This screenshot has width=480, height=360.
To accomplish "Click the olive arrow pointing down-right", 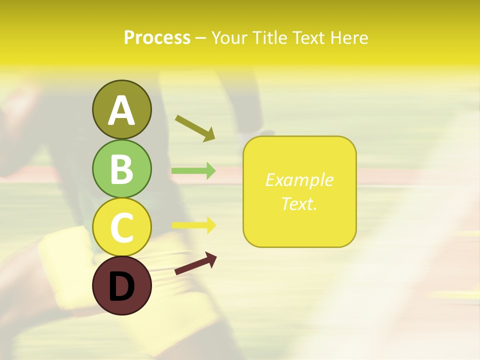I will coord(195,128).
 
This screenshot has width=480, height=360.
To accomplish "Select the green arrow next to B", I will coord(193,171).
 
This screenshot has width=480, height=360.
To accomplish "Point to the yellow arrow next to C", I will coord(193,225).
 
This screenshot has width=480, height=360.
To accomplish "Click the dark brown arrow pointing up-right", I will coord(195,263).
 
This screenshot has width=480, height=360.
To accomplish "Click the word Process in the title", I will coord(157,38).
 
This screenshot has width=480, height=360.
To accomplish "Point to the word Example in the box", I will coord(299,180).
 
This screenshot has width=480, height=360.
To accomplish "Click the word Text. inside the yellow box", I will coord(299,203).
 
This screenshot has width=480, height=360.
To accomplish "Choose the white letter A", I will coord(121,110).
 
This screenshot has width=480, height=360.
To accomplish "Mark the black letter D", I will coord(121,287).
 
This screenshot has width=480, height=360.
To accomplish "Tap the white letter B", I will coord(121,169).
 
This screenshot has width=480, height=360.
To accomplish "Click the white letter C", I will coord(121,228).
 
